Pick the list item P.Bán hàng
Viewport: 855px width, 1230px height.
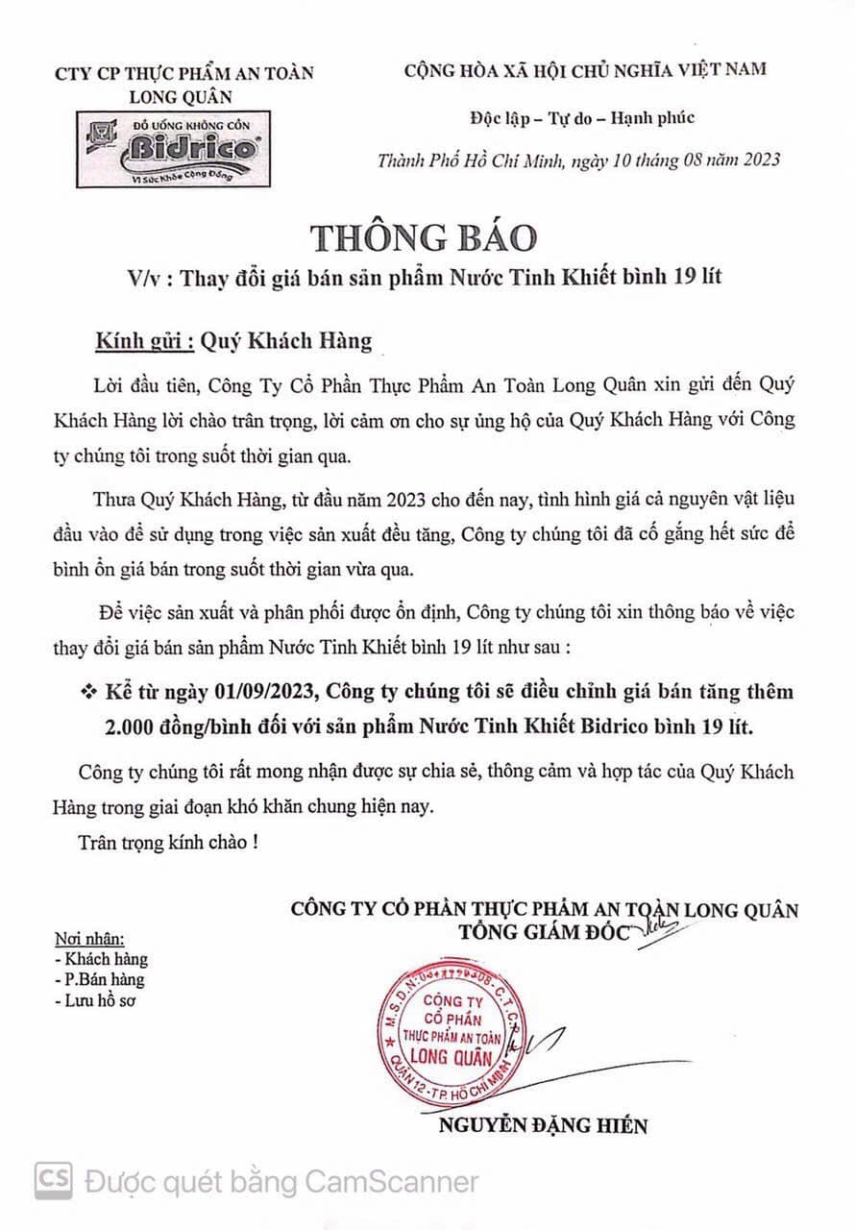[100, 980]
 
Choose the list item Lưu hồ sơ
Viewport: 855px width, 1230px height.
[96, 1001]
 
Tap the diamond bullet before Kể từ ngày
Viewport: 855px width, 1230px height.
[92, 692]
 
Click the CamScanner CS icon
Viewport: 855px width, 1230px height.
[55, 1180]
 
